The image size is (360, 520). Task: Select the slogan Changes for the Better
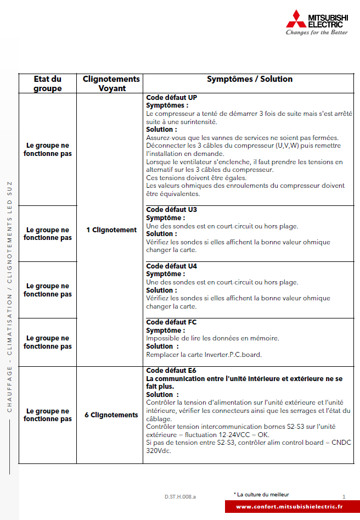(x=317, y=32)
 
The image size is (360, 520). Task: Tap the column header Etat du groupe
(x=47, y=83)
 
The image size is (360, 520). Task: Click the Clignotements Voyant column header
(x=111, y=83)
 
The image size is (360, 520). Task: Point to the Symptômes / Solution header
(x=250, y=79)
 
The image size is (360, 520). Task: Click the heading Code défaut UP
(x=171, y=98)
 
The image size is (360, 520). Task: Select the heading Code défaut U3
(x=171, y=210)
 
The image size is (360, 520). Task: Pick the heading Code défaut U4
(x=171, y=266)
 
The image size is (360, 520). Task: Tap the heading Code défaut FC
(x=171, y=322)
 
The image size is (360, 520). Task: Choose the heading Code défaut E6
(x=171, y=371)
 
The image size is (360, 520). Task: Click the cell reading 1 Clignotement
(x=111, y=230)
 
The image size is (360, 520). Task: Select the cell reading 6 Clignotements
(x=111, y=415)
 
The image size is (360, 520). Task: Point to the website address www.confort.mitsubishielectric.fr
(x=289, y=507)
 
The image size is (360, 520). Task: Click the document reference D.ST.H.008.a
(x=180, y=496)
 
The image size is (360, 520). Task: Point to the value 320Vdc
(x=159, y=451)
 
